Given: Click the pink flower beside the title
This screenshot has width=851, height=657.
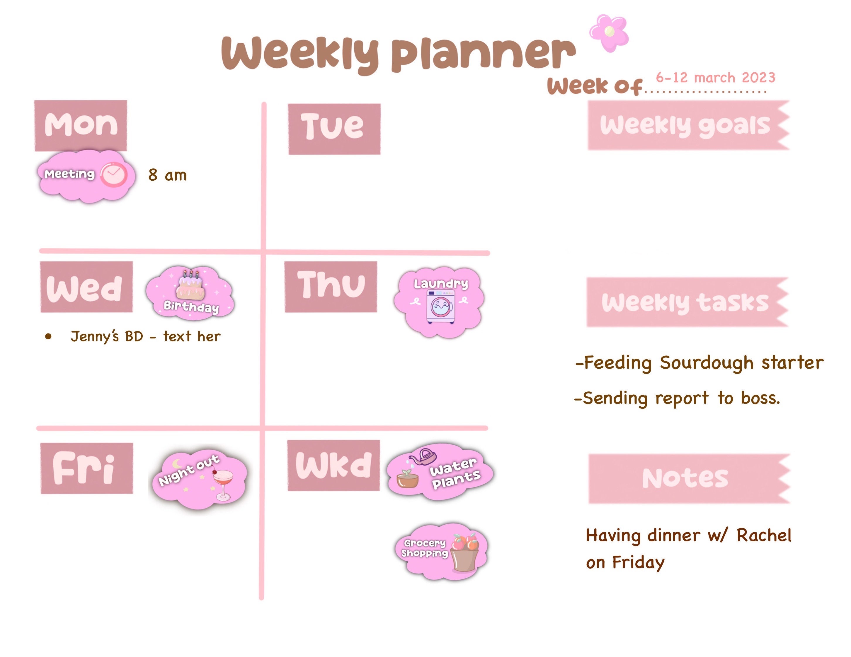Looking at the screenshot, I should pos(609,33).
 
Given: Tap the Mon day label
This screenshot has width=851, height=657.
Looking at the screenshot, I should pos(81,125).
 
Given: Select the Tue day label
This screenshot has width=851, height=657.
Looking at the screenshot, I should pos(334,129).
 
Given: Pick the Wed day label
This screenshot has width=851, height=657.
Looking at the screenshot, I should pos(86,287).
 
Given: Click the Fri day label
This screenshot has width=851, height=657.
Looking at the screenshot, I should pos(86,468).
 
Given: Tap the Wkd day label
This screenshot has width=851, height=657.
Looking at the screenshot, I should pos(333,466).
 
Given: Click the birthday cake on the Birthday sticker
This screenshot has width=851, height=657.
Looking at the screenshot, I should pos(190,285).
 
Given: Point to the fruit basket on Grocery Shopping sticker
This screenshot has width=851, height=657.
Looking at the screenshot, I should pos(465,553).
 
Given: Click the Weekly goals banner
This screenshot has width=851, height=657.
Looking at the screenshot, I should pos(688,125).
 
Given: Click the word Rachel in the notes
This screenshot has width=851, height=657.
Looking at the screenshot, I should pos(764,535).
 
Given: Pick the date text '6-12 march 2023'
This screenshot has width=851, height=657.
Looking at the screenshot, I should pos(715,78).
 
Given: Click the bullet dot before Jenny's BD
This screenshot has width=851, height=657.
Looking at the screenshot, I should pos(48,337).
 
